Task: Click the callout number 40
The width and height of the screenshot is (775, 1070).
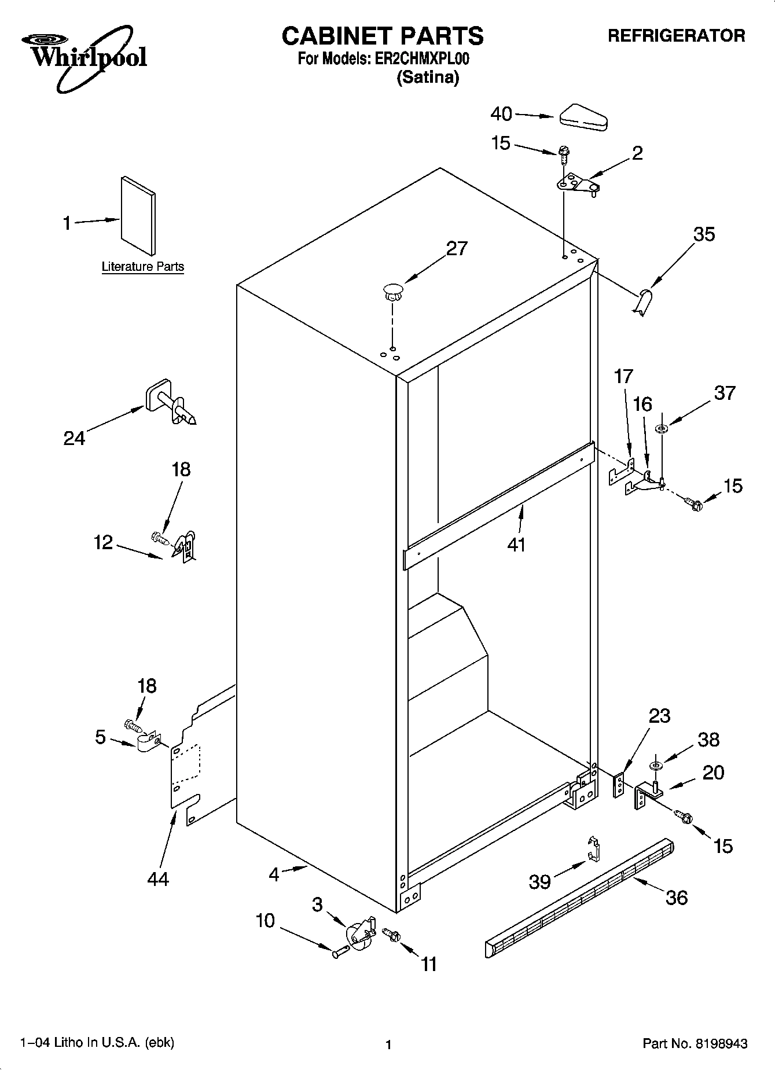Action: coord(501,114)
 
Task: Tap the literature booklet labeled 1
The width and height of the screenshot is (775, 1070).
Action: coord(138,216)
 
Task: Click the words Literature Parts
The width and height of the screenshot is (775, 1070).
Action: coord(143,267)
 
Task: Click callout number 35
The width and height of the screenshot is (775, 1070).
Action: coord(704,234)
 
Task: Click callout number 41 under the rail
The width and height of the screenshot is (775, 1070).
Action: coord(516,544)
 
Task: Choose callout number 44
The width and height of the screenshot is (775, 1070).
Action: coord(157,879)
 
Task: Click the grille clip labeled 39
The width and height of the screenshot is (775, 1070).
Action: coord(593,848)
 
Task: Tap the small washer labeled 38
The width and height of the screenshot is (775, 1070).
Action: coord(656,766)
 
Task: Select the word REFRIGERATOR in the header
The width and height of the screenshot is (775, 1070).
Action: coord(676,36)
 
